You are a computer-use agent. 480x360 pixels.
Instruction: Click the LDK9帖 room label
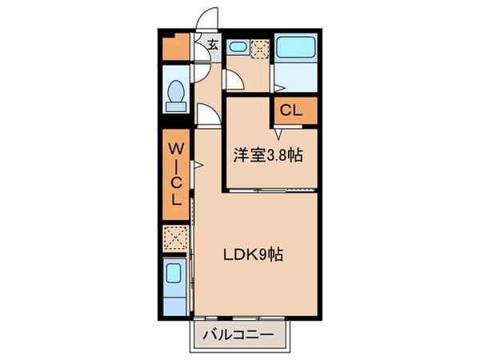253,256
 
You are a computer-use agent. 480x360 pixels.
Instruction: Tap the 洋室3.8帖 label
268,156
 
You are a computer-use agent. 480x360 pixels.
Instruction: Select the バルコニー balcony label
238,334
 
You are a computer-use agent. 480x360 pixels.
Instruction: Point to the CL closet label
290,111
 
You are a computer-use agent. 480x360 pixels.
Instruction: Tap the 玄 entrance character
214,46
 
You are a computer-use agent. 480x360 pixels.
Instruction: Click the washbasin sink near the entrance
238,47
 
